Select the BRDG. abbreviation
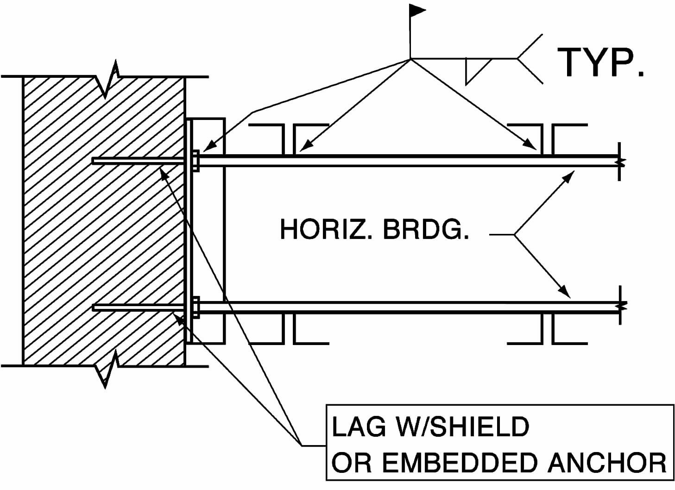pos(426,229)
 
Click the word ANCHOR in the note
pos(607,463)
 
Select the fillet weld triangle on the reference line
pos(477,69)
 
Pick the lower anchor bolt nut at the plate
pos(196,307)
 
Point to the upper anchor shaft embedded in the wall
pos(139,161)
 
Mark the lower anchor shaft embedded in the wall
pos(139,307)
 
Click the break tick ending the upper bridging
pos(620,161)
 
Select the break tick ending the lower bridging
pos(620,306)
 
